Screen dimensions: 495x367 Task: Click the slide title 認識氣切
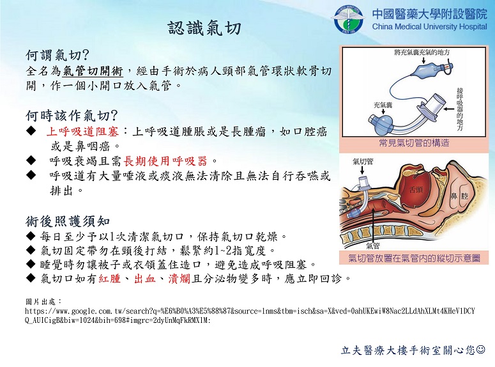click(204, 28)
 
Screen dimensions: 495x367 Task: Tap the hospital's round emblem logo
click(349, 19)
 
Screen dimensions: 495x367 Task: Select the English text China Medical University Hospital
click(430, 27)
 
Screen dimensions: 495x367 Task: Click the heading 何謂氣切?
click(57, 55)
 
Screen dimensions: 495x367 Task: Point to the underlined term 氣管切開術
click(93, 71)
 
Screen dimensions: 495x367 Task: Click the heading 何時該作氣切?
click(72, 116)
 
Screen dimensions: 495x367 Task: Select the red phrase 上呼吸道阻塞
click(82, 131)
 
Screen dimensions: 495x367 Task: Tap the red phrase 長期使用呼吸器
click(165, 161)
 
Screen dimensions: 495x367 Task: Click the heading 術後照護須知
click(68, 221)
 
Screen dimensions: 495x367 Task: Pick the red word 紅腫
click(110, 279)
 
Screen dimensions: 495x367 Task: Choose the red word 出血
click(145, 279)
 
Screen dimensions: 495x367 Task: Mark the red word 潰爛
click(179, 279)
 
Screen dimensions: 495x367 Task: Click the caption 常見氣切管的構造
click(414, 143)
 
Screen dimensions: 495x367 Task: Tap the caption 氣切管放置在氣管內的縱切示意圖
click(414, 258)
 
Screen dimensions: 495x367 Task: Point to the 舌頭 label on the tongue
click(416, 190)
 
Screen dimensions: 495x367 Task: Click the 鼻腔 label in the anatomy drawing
click(459, 196)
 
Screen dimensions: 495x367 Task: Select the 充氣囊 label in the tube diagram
click(383, 105)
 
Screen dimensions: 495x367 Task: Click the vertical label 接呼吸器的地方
click(460, 109)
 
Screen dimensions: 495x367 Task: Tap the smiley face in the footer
click(481, 349)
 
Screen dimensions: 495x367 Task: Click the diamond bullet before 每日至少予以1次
click(31, 235)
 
